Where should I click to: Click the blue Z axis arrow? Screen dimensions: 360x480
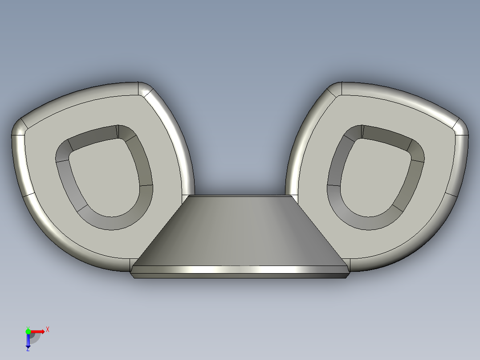coord(28,341)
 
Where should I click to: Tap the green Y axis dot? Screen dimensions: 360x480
coord(28,331)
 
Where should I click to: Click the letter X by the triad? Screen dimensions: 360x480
coord(47,330)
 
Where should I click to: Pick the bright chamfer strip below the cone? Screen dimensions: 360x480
coord(240,270)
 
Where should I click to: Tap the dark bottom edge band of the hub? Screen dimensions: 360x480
coord(240,276)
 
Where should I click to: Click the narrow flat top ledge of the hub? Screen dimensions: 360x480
coord(240,196)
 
